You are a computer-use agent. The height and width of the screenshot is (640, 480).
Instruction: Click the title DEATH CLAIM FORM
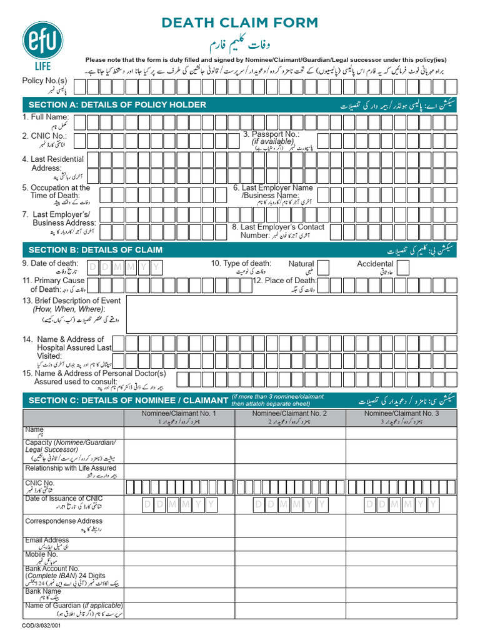(x=240, y=23)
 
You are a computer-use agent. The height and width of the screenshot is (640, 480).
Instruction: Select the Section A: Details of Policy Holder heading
(x=117, y=104)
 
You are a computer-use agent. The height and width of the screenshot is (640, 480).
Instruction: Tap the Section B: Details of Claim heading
(x=96, y=250)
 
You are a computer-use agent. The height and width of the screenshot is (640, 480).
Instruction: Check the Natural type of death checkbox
(x=324, y=268)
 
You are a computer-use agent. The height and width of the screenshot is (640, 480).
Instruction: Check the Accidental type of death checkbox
(x=403, y=268)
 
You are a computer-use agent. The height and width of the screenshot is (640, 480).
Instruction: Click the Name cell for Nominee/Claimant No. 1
(x=179, y=432)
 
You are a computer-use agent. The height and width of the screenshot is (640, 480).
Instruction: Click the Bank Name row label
(x=43, y=591)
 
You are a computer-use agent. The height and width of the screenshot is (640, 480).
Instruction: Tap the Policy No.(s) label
(x=44, y=81)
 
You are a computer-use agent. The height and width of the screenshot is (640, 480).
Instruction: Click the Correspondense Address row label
(x=64, y=521)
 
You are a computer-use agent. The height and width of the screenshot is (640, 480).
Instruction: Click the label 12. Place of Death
(x=284, y=281)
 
